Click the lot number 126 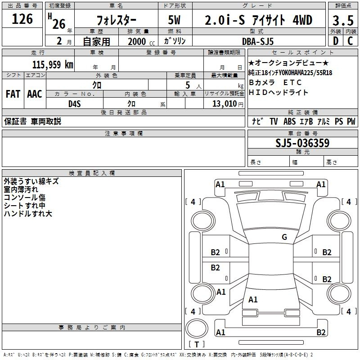click(22, 19)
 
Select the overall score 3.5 click(343, 21)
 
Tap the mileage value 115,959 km click(53, 65)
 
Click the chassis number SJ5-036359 click(302, 143)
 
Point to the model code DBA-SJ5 click(258, 41)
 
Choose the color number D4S click(74, 104)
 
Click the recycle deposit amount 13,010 click(224, 104)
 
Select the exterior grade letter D click(335, 41)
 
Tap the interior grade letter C click(350, 41)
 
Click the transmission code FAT click(13, 94)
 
